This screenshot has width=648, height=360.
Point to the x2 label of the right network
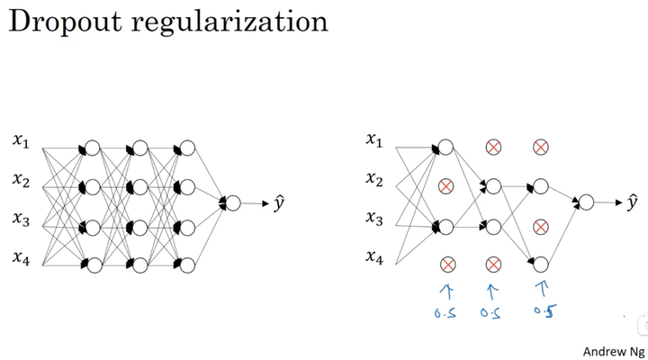tap(374, 178)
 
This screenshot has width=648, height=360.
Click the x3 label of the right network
tap(374, 218)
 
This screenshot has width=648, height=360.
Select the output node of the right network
tap(587, 203)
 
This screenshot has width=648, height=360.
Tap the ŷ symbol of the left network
tap(278, 202)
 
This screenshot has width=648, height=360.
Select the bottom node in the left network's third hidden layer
tap(187, 264)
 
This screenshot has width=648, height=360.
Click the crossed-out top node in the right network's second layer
tap(492, 148)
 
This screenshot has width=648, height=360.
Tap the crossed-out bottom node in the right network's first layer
tap(445, 264)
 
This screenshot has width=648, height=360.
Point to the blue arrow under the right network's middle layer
tap(492, 290)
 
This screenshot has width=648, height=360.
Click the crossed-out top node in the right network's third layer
tap(540, 148)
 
